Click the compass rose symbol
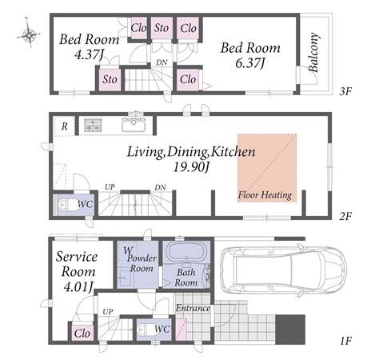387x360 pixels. coord(29,34)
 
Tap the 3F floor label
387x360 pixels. coord(345,92)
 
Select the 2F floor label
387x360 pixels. coord(345,216)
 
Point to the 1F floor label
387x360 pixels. coord(346,341)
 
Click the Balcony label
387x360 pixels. coord(313,53)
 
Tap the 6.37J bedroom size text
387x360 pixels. coord(249,63)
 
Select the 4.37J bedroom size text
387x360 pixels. coord(89,55)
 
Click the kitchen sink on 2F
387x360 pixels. coord(134,124)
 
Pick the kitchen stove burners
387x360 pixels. coord(94,126)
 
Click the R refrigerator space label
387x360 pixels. coord(65,126)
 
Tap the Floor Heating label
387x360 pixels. coord(265,195)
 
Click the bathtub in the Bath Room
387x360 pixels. coord(186,252)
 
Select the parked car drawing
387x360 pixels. coord(284,270)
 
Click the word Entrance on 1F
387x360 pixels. coord(193,308)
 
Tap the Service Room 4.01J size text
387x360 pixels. coord(78,286)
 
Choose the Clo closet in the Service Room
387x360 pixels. coord(82,334)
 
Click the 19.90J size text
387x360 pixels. coord(191,167)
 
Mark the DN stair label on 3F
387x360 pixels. coord(162,62)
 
